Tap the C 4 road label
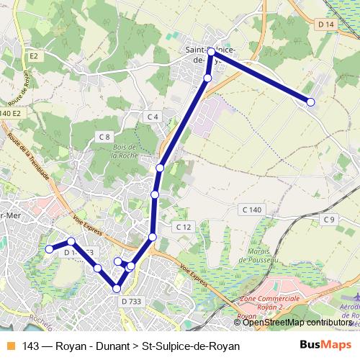pyautogui.click(x=152, y=117)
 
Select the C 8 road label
pyautogui.click(x=104, y=137)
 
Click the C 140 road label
pyautogui.click(x=251, y=209)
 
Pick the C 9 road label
pyautogui.click(x=329, y=219)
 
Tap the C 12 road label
pyautogui.click(x=184, y=227)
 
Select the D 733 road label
pyautogui.click(x=132, y=301)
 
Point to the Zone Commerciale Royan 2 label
pyautogui.click(x=270, y=302)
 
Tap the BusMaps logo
pyautogui.click(x=321, y=345)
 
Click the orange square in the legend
pyautogui.click(x=10, y=346)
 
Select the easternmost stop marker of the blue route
pyautogui.click(x=311, y=103)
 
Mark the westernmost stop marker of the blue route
pyautogui.click(x=50, y=249)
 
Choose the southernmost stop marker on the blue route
pyautogui.click(x=116, y=289)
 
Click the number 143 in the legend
pyautogui.click(x=31, y=346)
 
